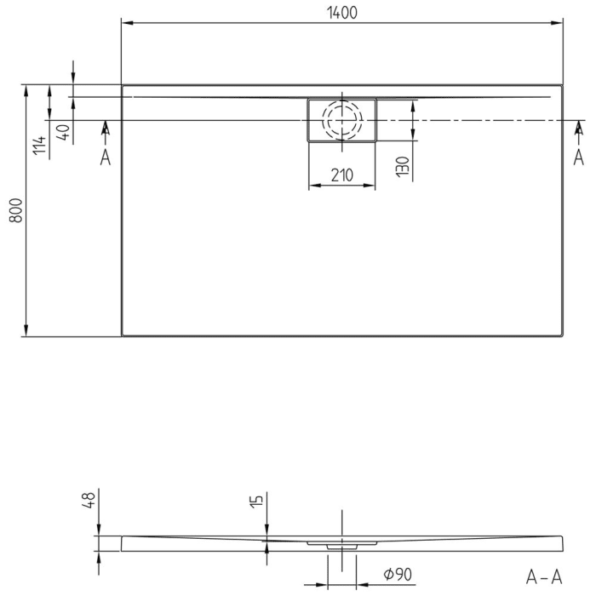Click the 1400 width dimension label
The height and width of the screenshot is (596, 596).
[x=341, y=12]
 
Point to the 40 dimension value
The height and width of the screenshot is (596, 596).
[x=62, y=132]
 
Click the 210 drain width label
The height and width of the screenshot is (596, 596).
[x=341, y=175]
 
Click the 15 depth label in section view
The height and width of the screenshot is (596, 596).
[x=256, y=502]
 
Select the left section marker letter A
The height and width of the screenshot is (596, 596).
[x=105, y=158]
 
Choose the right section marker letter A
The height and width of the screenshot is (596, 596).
[x=578, y=158]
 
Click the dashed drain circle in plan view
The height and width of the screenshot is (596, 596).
[x=341, y=121]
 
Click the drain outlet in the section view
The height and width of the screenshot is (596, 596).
[x=341, y=542]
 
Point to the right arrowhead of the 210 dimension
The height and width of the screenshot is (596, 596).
[x=370, y=186]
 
